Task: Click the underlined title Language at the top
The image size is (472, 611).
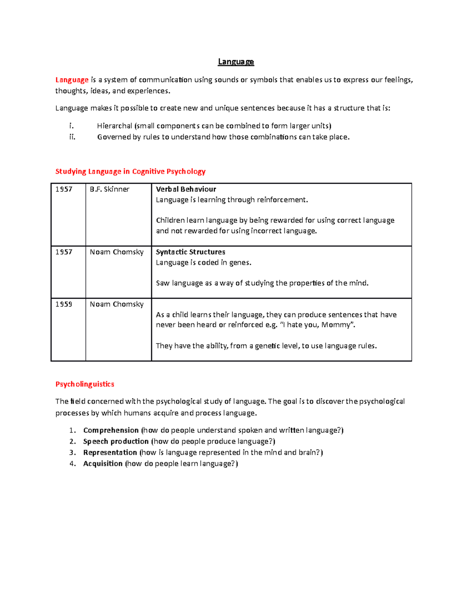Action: pos(236,62)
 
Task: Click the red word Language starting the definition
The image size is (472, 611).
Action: pos(72,80)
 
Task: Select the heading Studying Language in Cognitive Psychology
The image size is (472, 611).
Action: pos(130,172)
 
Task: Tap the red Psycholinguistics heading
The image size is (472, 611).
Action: pos(85,384)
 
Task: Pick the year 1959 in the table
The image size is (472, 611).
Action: pos(64,304)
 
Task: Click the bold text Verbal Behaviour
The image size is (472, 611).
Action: pos(186,189)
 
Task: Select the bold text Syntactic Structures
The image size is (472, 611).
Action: pos(190,252)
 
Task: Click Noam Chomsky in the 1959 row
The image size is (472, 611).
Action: pos(116,304)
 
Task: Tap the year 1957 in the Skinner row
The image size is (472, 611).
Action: pos(64,189)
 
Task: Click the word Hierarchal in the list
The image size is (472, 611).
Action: pos(114,126)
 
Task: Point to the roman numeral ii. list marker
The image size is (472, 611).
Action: pos(72,137)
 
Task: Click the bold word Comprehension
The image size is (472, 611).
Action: pos(111,430)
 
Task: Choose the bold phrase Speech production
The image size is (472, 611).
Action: pos(116,441)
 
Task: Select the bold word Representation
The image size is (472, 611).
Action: pos(110,452)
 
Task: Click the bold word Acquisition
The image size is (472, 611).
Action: pos(103,463)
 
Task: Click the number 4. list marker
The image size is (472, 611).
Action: pos(72,463)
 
